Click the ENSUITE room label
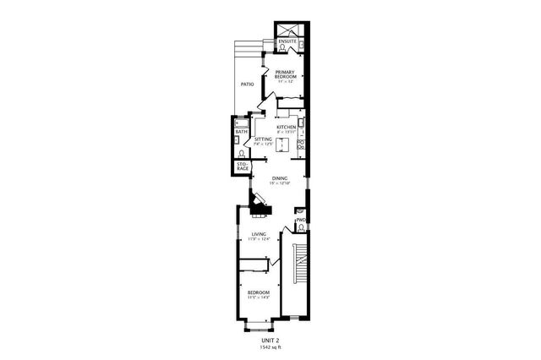pyautogui.click(x=287, y=41)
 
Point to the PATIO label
pyautogui.click(x=247, y=85)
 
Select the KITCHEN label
pyautogui.click(x=286, y=128)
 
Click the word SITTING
pyautogui.click(x=263, y=139)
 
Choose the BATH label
pyautogui.click(x=241, y=133)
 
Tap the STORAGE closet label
pyautogui.click(x=242, y=167)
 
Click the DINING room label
pyautogui.click(x=279, y=177)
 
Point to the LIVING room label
pyautogui.click(x=259, y=234)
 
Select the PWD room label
pyautogui.click(x=300, y=221)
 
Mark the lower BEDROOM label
pyautogui.click(x=258, y=293)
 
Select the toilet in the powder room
pyautogui.click(x=301, y=230)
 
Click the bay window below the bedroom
pyautogui.click(x=258, y=325)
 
